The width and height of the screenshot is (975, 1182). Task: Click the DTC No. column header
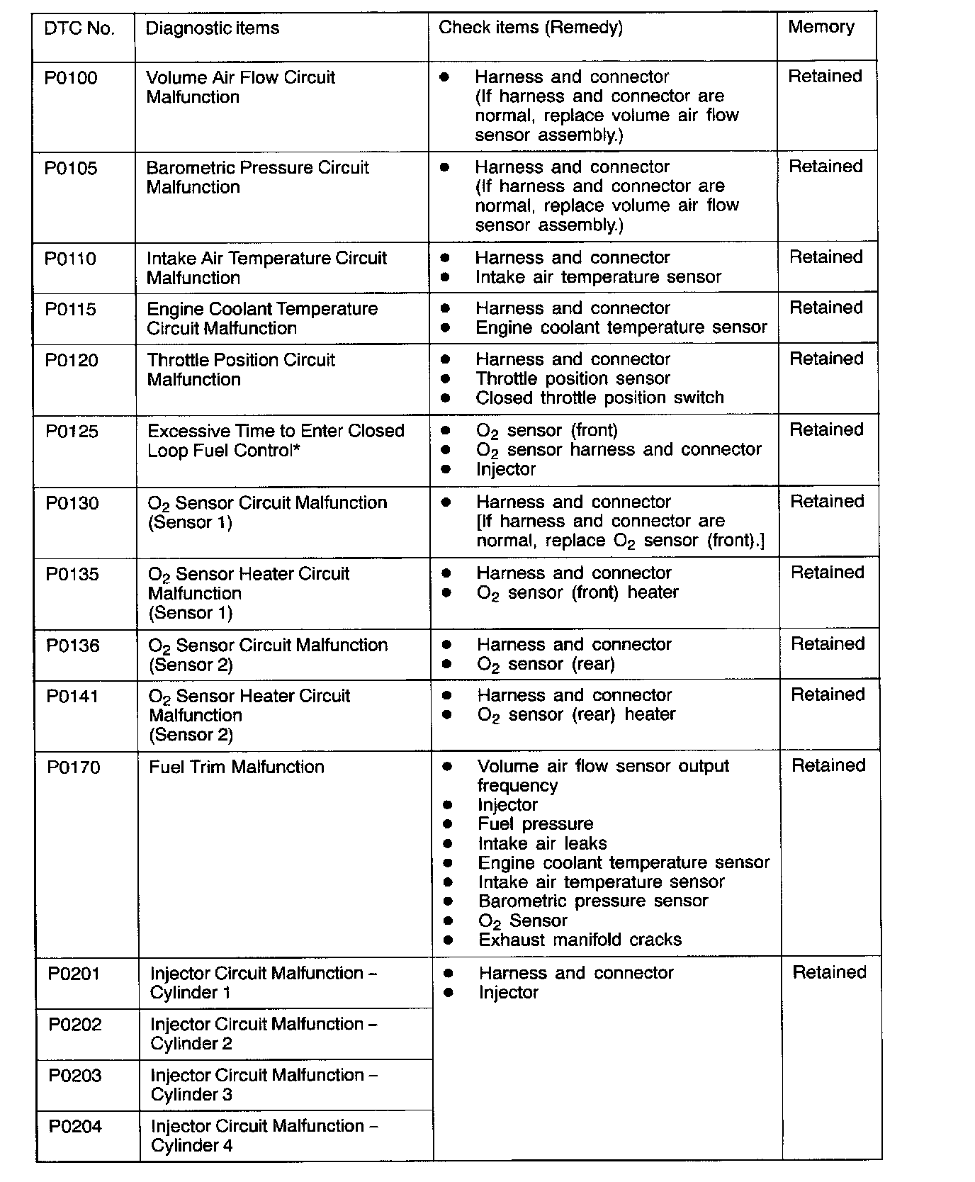click(79, 29)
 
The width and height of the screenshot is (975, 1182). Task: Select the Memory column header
click(821, 27)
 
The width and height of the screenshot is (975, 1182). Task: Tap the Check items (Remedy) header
click(531, 28)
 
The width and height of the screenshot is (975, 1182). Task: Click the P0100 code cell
click(71, 78)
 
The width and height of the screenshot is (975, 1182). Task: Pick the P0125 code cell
click(72, 432)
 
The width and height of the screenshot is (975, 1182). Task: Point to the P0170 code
click(74, 767)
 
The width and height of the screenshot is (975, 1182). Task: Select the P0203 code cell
click(75, 1076)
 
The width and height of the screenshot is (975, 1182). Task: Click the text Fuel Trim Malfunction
click(237, 767)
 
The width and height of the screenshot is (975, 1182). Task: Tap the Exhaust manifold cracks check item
click(580, 940)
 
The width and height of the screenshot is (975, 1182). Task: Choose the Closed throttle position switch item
click(599, 398)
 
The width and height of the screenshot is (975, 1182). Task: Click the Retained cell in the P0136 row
click(828, 644)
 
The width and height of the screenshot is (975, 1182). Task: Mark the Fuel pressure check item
click(535, 824)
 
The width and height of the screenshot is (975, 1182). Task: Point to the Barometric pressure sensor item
click(593, 901)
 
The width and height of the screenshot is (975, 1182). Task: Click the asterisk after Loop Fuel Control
click(296, 449)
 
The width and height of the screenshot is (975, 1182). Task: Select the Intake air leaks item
click(542, 843)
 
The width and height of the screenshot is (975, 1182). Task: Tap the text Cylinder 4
click(191, 1146)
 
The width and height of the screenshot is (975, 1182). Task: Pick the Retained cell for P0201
click(829, 972)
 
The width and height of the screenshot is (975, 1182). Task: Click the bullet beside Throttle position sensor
click(446, 379)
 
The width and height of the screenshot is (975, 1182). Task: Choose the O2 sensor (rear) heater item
click(576, 714)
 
